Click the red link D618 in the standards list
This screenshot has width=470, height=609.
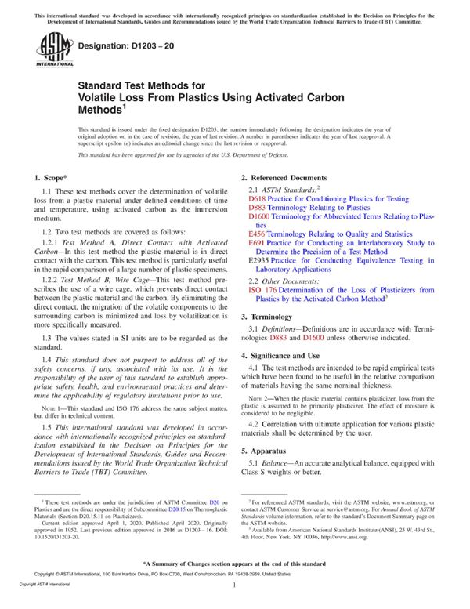[x=256, y=199]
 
